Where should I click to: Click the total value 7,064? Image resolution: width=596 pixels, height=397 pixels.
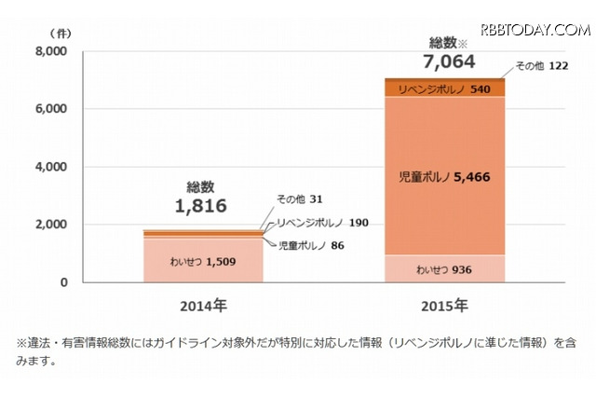[446, 62]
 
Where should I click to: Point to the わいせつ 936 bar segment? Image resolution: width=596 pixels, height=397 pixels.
[444, 268]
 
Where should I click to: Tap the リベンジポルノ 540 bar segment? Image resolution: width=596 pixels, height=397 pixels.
[444, 89]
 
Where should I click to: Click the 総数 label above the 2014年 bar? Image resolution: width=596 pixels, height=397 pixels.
[200, 185]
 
